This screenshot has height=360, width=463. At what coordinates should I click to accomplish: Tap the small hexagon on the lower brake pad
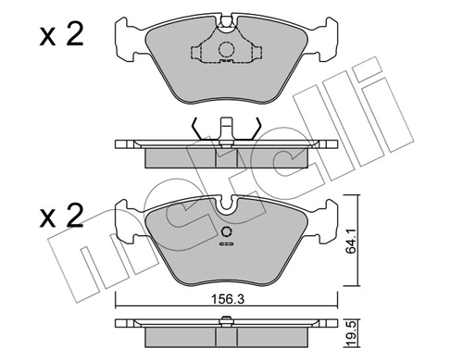[x=225, y=232]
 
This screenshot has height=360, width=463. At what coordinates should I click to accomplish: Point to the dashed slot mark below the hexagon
[x=225, y=246]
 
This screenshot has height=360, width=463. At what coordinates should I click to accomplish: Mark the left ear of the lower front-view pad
[x=126, y=221]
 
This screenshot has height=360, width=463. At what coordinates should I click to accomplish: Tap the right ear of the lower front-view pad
[x=325, y=221]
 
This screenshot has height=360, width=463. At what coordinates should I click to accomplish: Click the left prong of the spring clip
[x=195, y=129]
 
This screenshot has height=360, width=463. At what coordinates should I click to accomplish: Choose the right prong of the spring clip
[x=257, y=129]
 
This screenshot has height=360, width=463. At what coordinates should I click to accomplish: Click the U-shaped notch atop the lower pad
[x=226, y=201]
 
